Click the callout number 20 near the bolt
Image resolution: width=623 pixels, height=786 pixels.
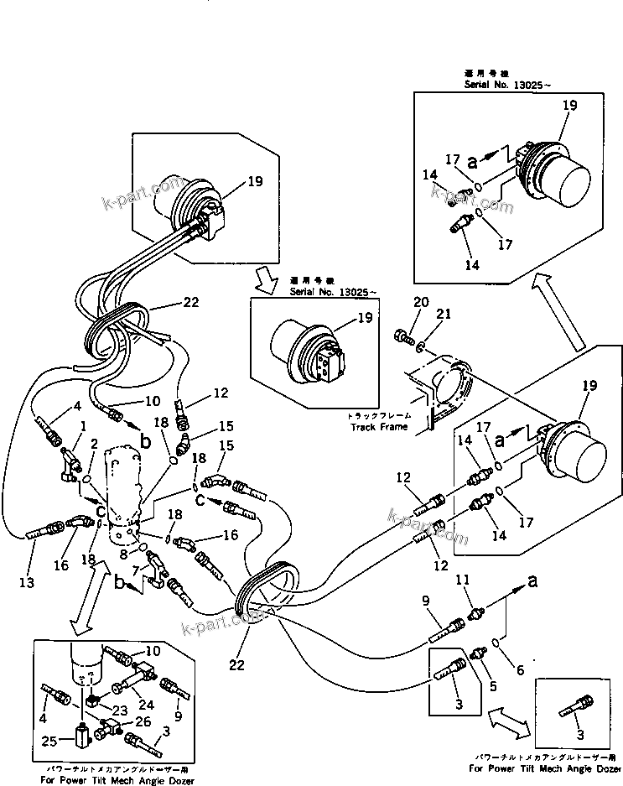[420, 302]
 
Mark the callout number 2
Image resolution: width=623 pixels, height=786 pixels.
[96, 444]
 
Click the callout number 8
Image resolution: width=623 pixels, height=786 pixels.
[123, 554]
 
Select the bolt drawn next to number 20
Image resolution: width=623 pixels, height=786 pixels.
[406, 336]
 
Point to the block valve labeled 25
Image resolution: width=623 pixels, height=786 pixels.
[82, 739]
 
